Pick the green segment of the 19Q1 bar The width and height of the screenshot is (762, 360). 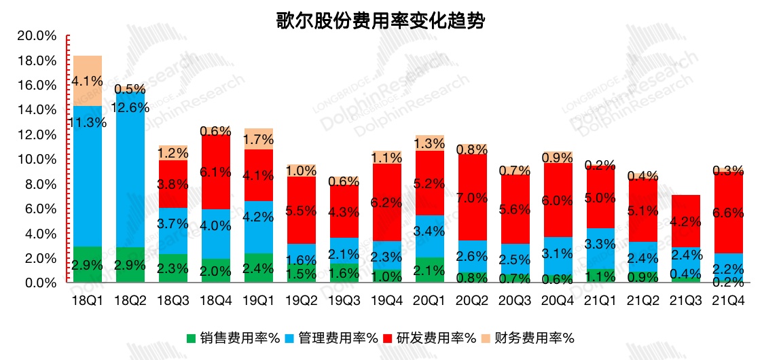pyautogui.click(x=259, y=268)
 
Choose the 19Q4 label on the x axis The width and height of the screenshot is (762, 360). pyautogui.click(x=386, y=299)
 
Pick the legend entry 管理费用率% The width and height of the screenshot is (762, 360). pyautogui.click(x=332, y=338)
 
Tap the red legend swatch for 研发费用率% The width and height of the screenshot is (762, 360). pyautogui.click(x=388, y=338)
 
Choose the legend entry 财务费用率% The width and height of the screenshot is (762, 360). pyautogui.click(x=529, y=338)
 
